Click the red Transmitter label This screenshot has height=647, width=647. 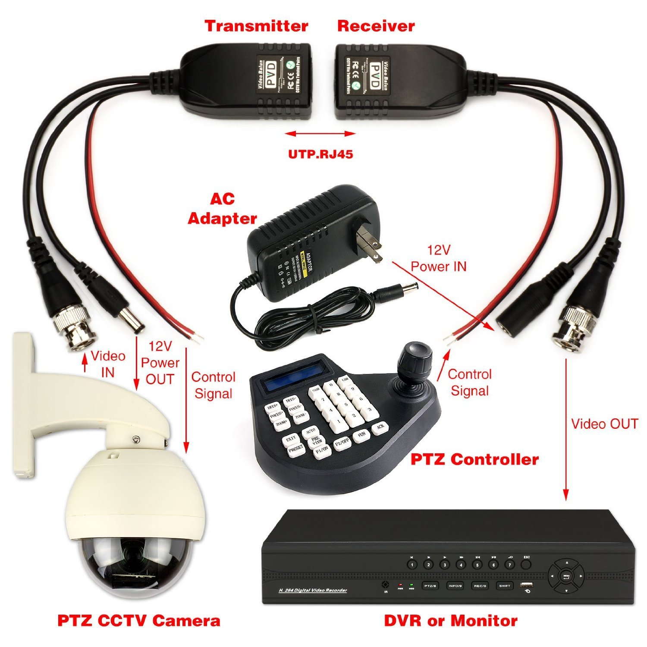pos(256,26)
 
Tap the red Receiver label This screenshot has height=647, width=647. pos(376,26)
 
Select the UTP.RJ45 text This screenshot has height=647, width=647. pos(320,154)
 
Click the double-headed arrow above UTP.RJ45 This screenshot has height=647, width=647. pos(320,134)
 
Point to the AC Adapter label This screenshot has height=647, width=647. pos(223,209)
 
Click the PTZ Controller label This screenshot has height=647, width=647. pos(474,459)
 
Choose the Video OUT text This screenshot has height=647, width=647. pos(604,424)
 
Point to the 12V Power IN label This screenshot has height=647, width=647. pos(439,258)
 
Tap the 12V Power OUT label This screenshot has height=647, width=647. pos(160,363)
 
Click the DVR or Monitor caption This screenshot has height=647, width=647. pos(451,621)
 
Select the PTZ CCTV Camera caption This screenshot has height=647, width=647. pos(139,621)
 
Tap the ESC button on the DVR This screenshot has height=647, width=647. pos(526,563)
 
